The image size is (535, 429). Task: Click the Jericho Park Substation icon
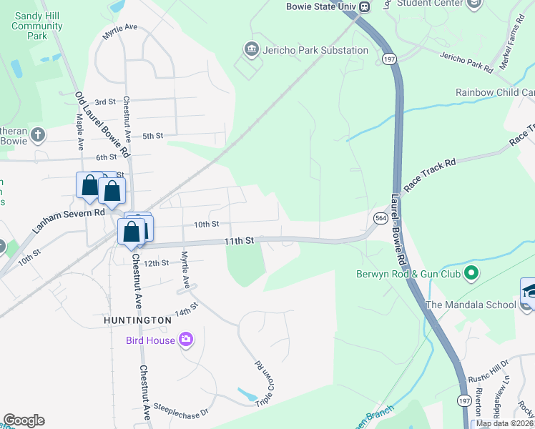(251, 50)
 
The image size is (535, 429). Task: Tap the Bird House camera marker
(186, 340)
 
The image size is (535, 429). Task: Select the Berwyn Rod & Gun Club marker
(471, 273)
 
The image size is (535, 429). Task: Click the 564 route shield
(380, 217)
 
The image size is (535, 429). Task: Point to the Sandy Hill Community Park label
(37, 26)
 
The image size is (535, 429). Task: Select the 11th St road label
(239, 242)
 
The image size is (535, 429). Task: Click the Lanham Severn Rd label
(69, 222)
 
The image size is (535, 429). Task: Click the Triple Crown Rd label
(260, 384)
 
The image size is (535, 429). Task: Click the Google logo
(24, 420)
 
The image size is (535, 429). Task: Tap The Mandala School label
(470, 305)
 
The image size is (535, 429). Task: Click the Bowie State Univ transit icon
(365, 7)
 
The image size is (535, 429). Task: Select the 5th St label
(153, 136)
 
